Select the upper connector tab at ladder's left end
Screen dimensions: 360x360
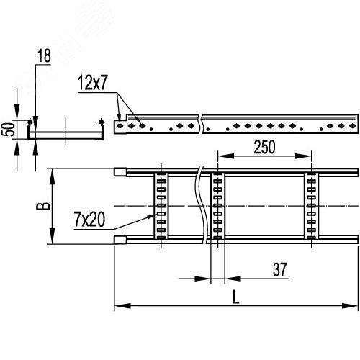click(x=120, y=173)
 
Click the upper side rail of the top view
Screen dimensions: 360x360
click(x=252, y=173)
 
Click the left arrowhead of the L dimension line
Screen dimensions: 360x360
click(x=118, y=307)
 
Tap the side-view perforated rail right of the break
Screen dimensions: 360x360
click(x=281, y=126)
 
